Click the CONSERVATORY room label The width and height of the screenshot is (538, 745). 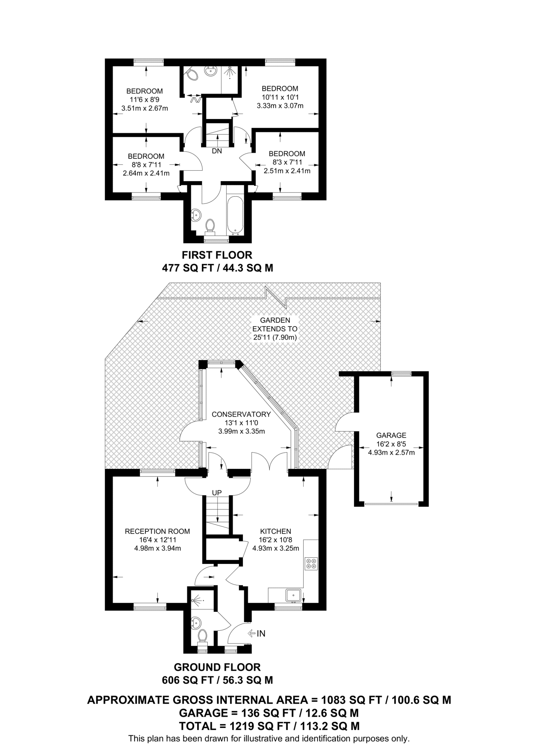tap(241, 414)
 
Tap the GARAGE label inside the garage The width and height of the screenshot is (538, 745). tap(391, 435)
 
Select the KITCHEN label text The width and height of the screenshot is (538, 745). tap(275, 531)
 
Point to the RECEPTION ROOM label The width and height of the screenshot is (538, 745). tap(157, 531)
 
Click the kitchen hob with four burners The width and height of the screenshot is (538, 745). tap(311, 563)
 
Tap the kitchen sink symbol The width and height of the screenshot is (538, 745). tap(293, 595)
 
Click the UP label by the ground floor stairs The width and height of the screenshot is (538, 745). tap(217, 493)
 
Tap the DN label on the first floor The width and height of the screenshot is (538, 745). tap(217, 151)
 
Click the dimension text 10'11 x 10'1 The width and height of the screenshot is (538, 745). tap(280, 97)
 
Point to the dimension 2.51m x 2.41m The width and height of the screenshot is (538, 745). tap(287, 171)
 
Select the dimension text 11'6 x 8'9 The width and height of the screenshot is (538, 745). tap(144, 100)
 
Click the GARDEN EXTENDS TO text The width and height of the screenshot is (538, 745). tap(275, 324)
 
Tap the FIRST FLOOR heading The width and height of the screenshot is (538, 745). tap(217, 255)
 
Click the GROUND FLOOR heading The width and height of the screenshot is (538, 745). tap(217, 667)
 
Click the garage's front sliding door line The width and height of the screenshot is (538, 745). tap(391, 504)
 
